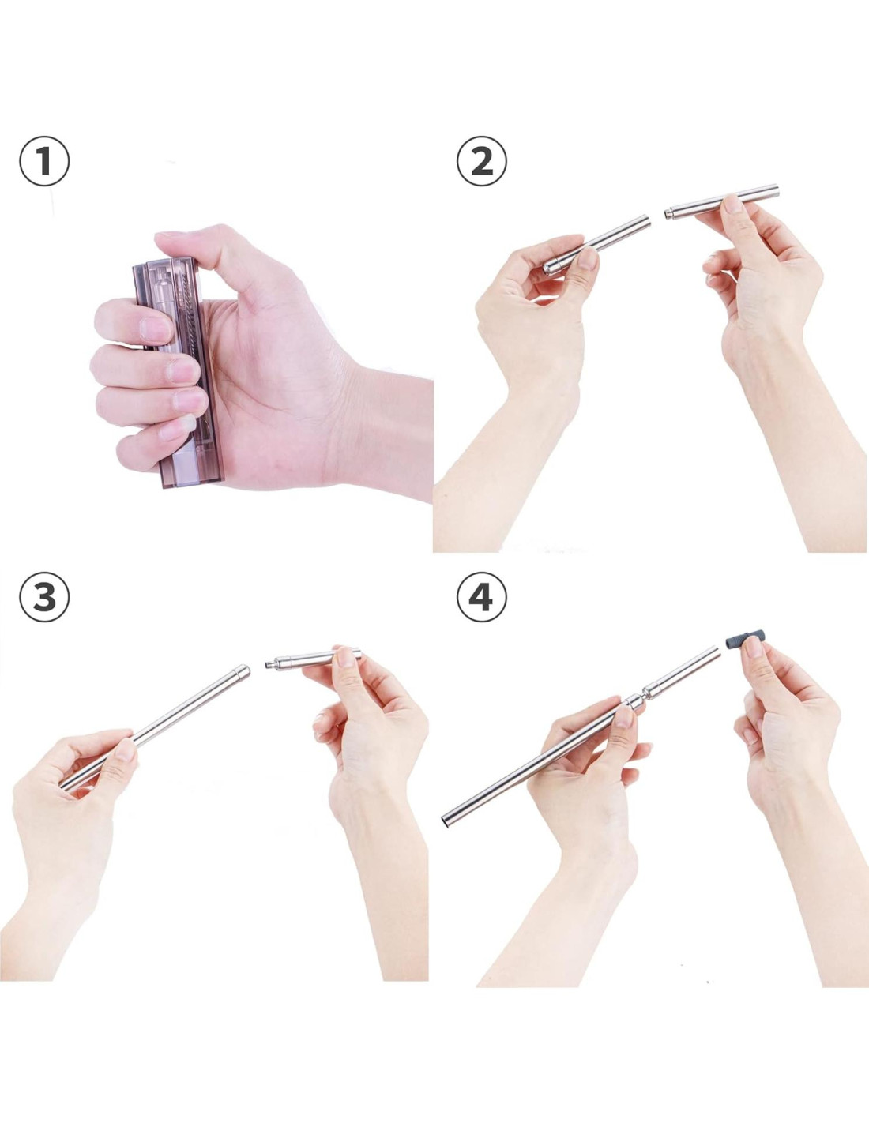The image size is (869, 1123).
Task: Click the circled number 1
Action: [44, 161]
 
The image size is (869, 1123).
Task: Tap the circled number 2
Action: [481, 161]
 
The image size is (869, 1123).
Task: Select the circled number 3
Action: [44, 597]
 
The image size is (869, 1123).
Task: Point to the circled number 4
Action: [481, 597]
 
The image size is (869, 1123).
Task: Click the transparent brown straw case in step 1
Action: [179, 372]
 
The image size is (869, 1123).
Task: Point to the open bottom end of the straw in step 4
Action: [446, 821]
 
